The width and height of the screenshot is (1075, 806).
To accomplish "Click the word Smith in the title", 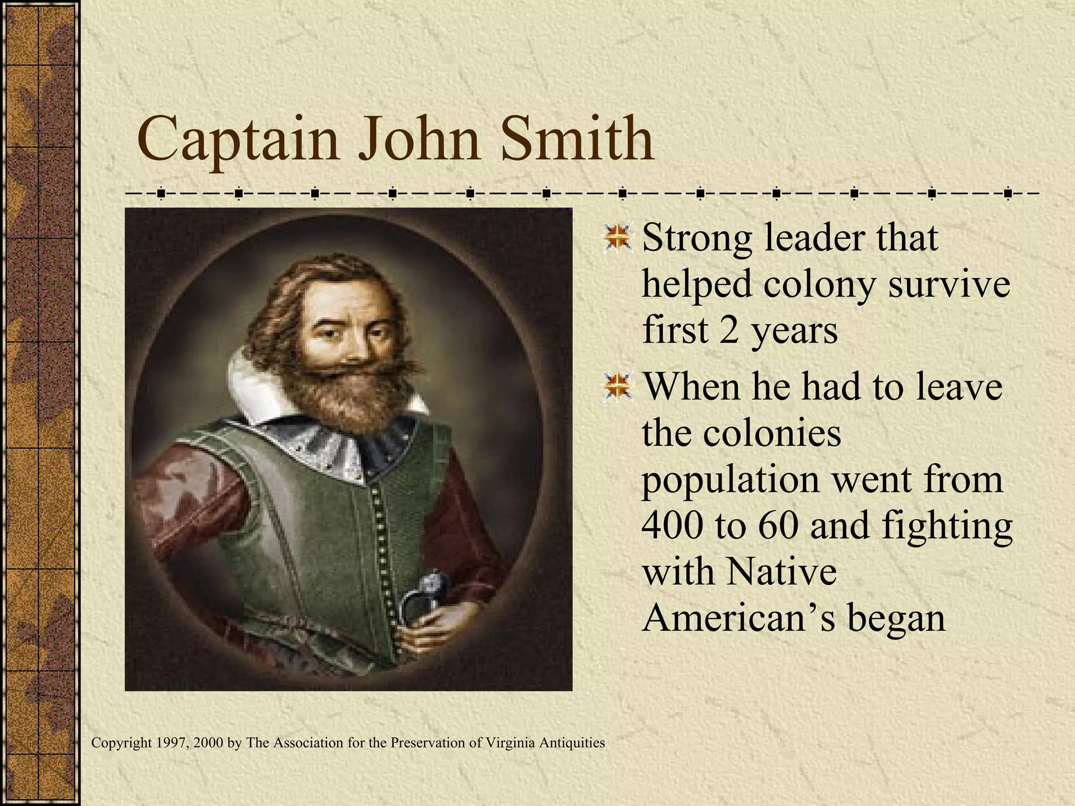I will click(577, 139).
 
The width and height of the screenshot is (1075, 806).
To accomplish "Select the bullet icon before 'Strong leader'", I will click(617, 238).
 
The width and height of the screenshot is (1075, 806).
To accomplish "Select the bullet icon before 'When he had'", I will click(617, 387).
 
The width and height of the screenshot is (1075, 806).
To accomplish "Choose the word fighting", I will click(947, 527).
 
